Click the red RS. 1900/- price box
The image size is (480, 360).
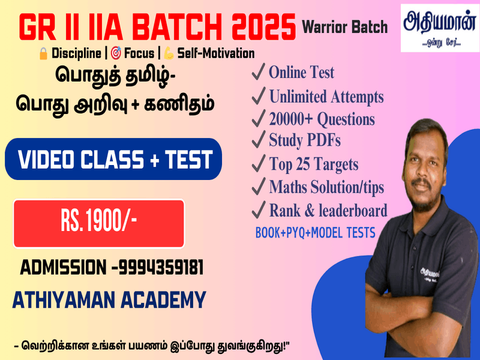[99, 223]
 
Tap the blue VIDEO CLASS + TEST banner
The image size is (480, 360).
[113, 159]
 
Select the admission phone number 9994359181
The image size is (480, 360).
[161, 268]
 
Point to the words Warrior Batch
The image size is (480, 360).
[345, 27]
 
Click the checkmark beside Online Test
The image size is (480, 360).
[258, 71]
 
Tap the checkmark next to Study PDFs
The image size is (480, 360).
[258, 139]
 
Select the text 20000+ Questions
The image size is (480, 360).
[322, 119]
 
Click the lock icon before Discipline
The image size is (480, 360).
[43, 53]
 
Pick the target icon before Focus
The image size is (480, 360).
[116, 53]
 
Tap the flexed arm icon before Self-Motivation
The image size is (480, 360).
[169, 53]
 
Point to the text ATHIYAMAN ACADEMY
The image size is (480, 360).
[109, 300]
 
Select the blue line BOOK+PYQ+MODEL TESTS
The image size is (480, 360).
[316, 233]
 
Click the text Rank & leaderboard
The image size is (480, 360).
[328, 211]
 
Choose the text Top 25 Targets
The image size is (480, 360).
[314, 164]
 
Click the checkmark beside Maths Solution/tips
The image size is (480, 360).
[258, 187]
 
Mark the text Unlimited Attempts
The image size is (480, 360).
[326, 97]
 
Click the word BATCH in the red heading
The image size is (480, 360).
[176, 27]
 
